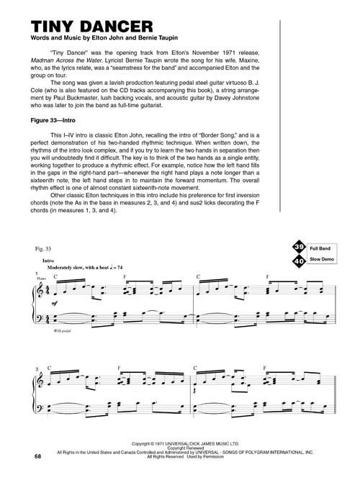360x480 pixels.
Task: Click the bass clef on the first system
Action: pos(40,317)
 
